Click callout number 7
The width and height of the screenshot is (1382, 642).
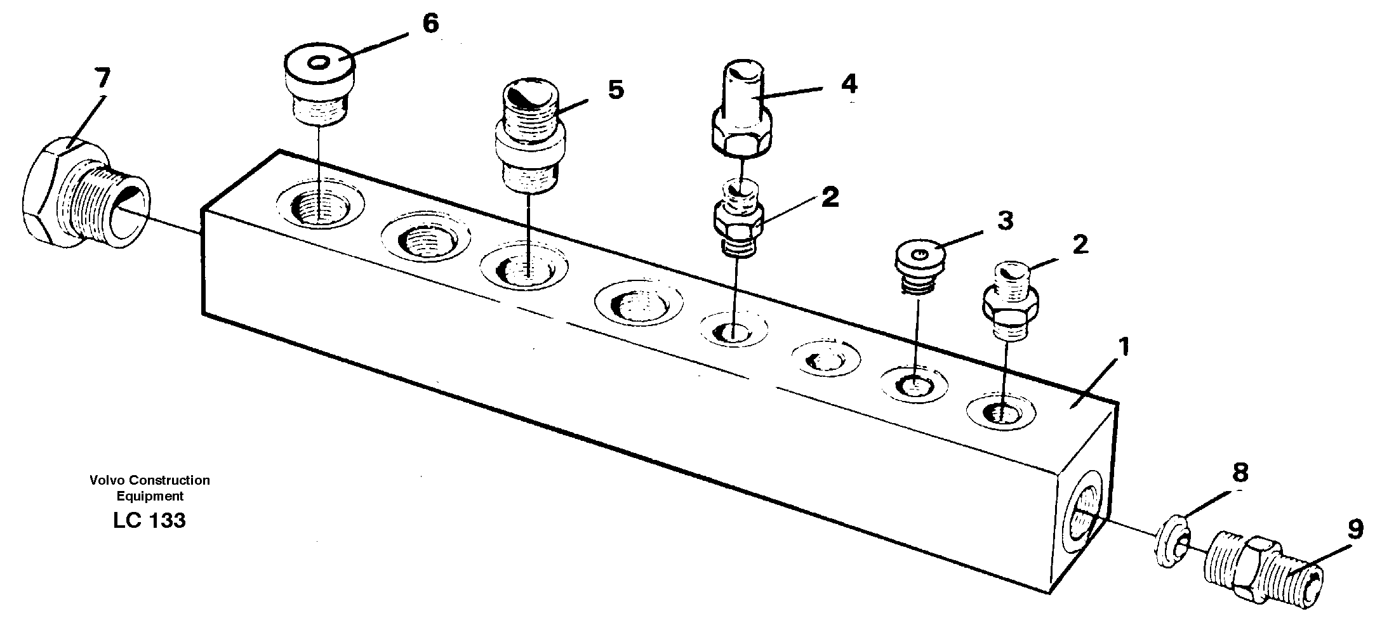[102, 79]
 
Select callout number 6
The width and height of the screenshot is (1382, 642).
[430, 25]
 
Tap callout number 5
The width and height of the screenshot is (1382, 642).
[615, 89]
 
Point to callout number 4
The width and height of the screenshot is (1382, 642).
[849, 84]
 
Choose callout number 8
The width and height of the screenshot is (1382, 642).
[1239, 473]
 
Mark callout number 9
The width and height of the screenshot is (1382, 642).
[1355, 530]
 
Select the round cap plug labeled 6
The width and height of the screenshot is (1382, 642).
[318, 82]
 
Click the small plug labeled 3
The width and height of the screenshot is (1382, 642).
[920, 266]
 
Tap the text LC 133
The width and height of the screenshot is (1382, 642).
[149, 521]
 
